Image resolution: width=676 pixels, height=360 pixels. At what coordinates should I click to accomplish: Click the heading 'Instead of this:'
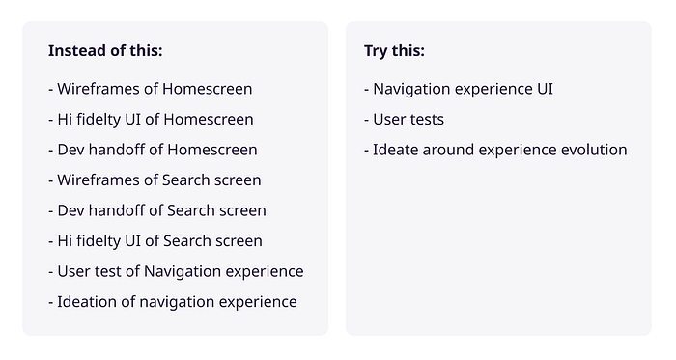[105, 51]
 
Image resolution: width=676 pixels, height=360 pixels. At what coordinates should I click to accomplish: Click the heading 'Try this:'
[394, 51]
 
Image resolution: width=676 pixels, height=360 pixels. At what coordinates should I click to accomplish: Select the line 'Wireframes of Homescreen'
[150, 89]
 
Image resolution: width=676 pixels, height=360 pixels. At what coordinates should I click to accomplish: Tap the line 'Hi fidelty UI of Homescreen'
[151, 120]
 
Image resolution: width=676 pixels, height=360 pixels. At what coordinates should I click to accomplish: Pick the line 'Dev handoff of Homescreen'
[153, 150]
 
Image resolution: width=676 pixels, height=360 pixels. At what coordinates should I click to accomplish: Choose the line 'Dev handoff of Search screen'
[156, 210]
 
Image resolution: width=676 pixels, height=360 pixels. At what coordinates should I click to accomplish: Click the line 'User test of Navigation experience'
[176, 271]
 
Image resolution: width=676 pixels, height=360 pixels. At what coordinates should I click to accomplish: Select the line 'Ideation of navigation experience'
[172, 302]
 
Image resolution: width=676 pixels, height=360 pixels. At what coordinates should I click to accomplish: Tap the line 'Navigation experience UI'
[459, 89]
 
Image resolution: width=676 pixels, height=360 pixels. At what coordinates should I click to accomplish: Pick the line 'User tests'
[404, 120]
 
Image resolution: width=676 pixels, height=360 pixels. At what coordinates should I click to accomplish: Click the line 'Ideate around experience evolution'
[495, 150]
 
